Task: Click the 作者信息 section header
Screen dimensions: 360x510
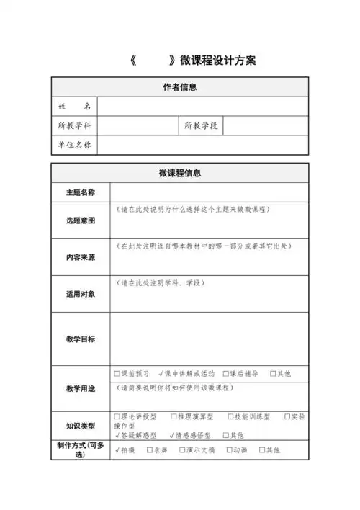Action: tap(180, 88)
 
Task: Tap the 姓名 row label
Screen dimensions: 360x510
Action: tap(75, 107)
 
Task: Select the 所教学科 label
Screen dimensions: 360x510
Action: tap(75, 126)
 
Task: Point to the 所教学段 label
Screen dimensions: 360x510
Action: tap(201, 126)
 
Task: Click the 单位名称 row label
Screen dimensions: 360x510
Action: tap(75, 145)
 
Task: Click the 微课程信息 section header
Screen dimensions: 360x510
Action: tap(180, 173)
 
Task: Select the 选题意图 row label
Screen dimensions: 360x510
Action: tap(81, 220)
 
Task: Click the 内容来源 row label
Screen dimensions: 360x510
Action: tap(81, 257)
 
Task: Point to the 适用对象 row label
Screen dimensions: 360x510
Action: tap(81, 294)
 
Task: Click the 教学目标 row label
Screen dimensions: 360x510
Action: tap(81, 339)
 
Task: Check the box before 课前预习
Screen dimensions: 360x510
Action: tap(117, 374)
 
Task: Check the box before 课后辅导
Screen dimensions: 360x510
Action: tap(226, 374)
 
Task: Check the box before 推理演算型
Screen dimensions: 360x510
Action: tap(174, 416)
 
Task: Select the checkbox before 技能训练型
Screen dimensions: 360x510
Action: tap(230, 416)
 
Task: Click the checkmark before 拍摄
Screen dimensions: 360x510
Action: tap(117, 450)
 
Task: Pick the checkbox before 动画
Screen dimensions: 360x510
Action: tap(229, 450)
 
